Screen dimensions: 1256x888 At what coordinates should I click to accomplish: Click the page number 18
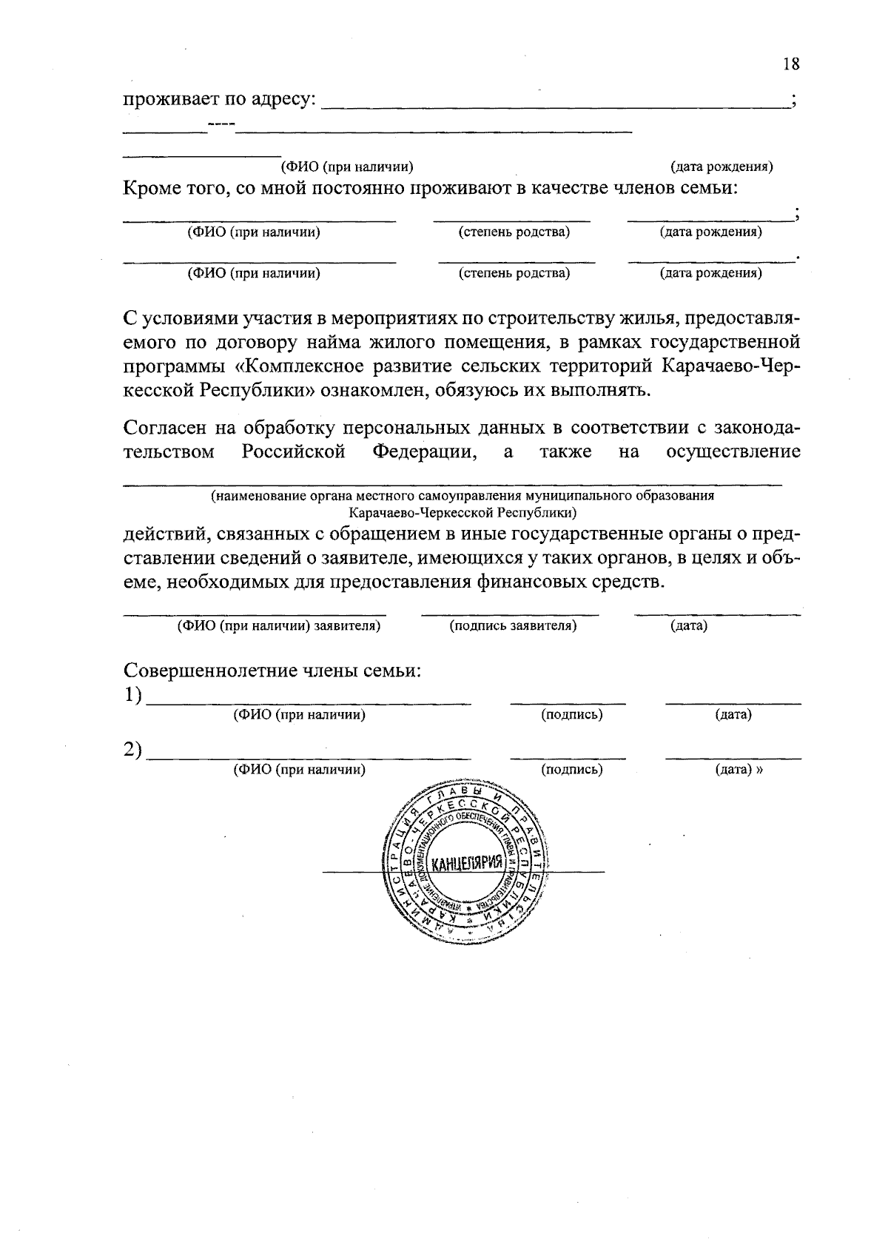click(x=791, y=64)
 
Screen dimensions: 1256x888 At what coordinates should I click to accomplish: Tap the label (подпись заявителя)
click(x=513, y=626)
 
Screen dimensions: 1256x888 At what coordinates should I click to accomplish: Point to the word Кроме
click(x=152, y=188)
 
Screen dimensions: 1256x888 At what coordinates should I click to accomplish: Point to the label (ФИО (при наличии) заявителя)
click(x=278, y=626)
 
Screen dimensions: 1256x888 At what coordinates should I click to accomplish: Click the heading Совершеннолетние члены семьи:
click(x=272, y=671)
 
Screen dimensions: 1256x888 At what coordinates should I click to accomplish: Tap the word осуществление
click(x=733, y=451)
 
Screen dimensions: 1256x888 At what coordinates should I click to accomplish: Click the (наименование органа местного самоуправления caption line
click(x=462, y=496)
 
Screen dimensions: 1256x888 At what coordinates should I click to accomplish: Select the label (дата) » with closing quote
click(x=739, y=770)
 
